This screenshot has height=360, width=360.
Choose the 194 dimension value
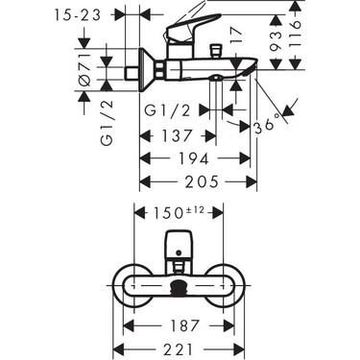186,157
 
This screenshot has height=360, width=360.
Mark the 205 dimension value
198,180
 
